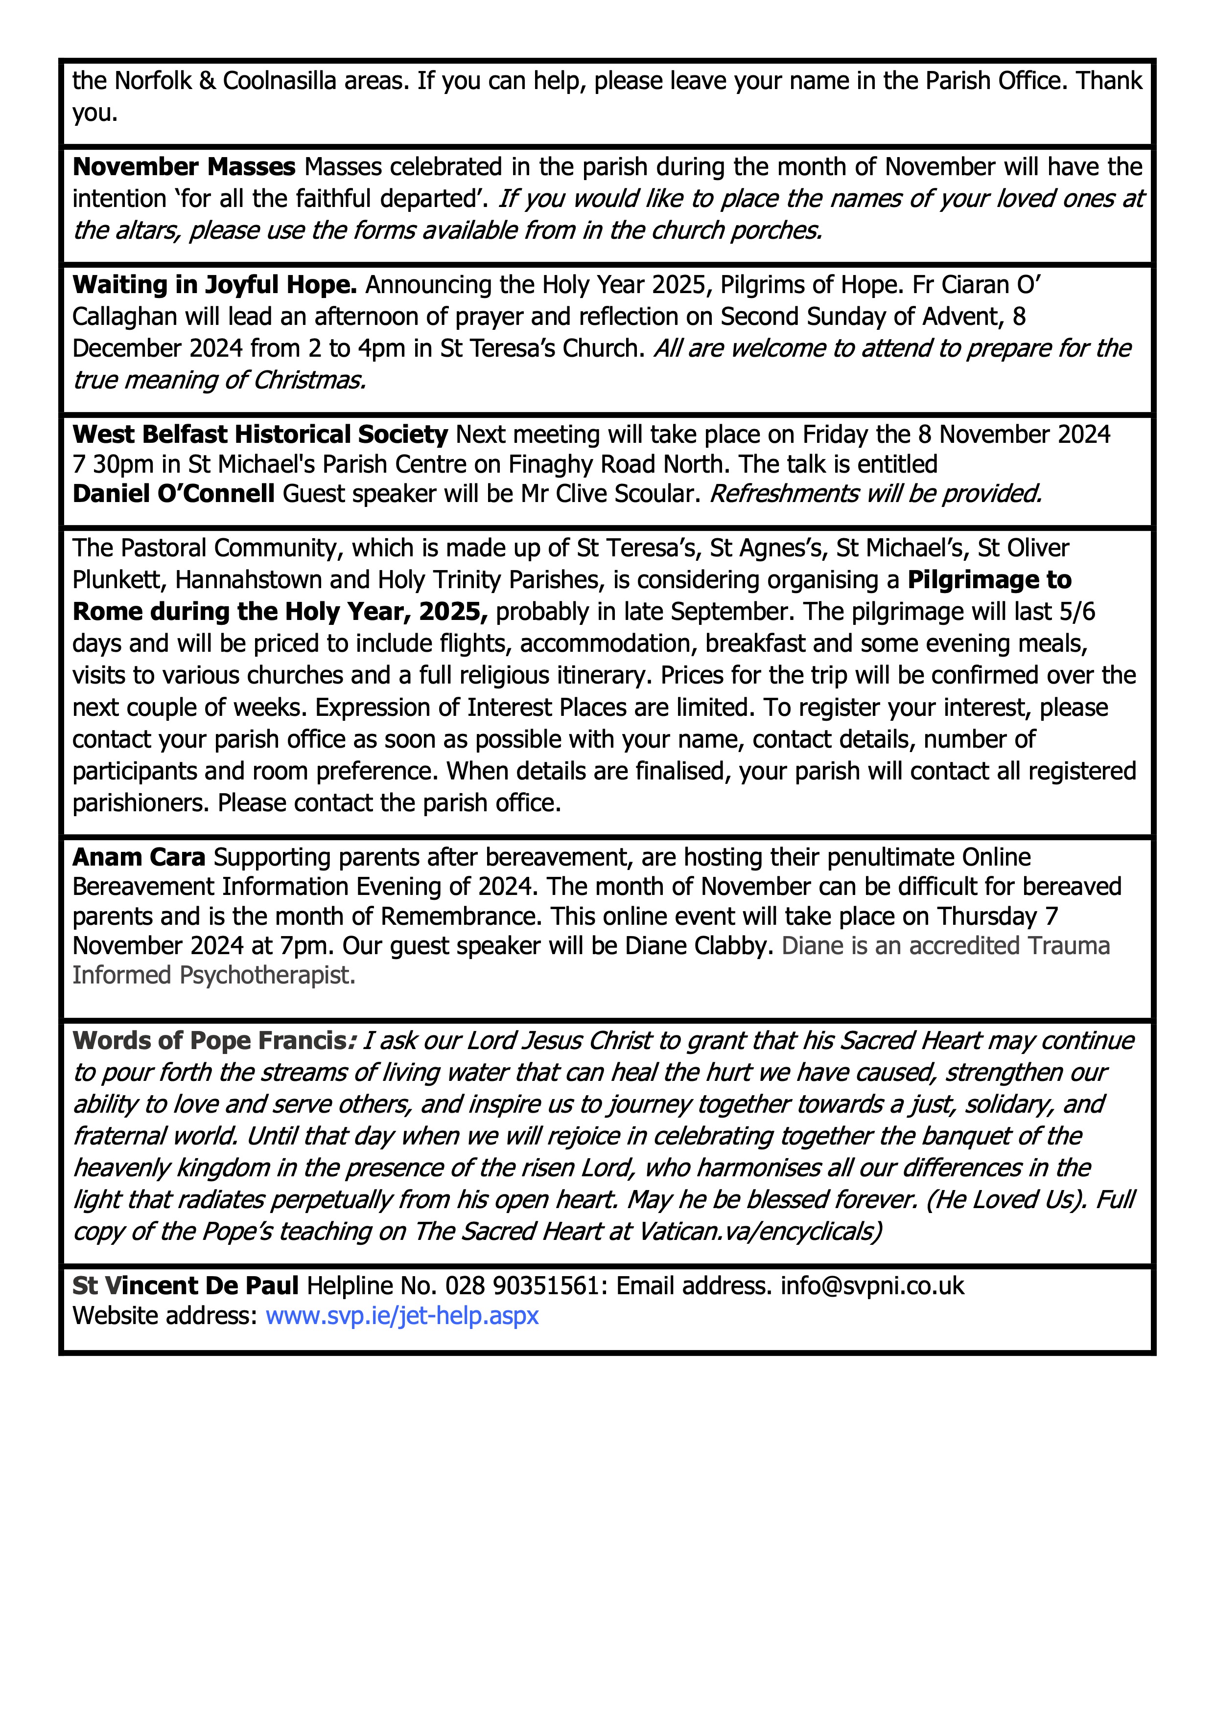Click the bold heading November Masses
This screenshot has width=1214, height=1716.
(x=184, y=167)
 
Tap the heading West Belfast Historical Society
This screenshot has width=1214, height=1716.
(x=260, y=434)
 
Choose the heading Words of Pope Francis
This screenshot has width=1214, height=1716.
(x=210, y=1040)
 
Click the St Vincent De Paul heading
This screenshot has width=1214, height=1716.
(x=186, y=1285)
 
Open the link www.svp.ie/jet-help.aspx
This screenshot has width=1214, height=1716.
(x=402, y=1315)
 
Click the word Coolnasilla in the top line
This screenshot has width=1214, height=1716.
(x=280, y=81)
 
